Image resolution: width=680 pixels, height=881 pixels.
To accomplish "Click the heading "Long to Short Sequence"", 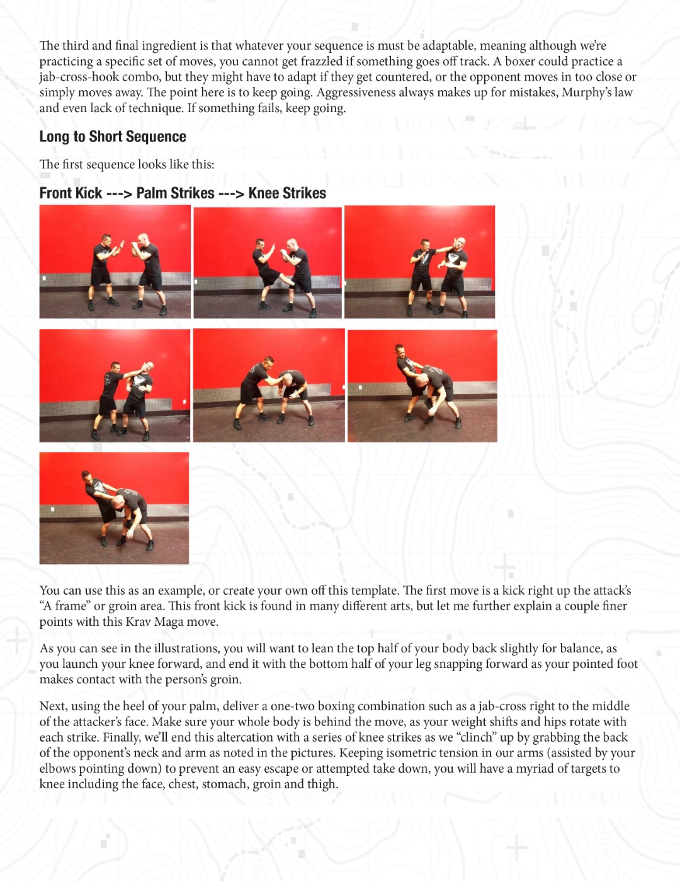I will coord(113,137).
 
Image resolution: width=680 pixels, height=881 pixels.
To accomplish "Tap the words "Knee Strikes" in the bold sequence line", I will coord(287,193).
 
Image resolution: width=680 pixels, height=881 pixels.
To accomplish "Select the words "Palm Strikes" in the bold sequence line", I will coord(175,193).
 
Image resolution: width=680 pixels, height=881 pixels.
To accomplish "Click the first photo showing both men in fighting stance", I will coord(115,262).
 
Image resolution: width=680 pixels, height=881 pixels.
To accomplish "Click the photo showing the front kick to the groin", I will coord(268,262).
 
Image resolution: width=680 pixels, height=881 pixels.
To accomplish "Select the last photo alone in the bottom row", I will coord(114,508).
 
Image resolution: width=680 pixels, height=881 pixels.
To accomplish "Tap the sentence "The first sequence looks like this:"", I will coord(127,164).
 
